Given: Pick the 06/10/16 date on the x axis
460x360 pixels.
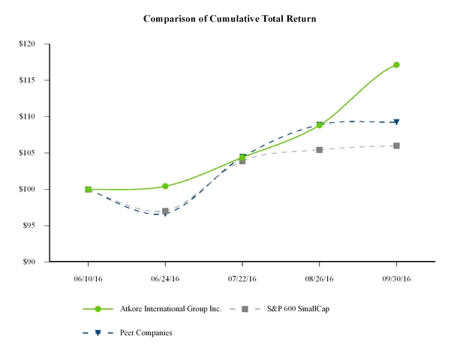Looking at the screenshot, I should click(89, 277).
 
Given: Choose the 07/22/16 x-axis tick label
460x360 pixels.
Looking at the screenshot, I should click(242, 277).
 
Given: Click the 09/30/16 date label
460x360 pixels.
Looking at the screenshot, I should click(396, 277).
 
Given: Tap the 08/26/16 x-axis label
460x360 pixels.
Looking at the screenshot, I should click(320, 277).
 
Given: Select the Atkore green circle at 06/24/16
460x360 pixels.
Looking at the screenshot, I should click(165, 186).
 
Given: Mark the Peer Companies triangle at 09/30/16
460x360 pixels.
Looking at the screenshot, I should click(396, 122).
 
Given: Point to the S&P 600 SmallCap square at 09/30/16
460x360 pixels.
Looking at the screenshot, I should click(396, 145).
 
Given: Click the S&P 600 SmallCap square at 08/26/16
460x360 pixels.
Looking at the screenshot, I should click(320, 150).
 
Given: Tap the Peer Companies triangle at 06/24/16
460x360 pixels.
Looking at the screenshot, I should click(165, 214).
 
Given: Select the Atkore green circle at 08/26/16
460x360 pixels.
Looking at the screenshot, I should click(320, 125).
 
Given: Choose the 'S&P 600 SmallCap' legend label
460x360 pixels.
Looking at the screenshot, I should click(306, 309).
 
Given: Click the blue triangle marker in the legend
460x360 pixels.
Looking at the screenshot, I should click(98, 332).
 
